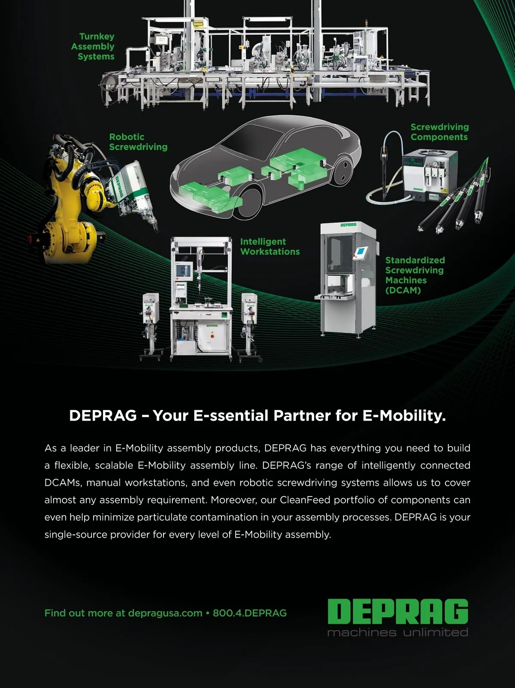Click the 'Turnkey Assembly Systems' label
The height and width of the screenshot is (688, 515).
tap(93, 46)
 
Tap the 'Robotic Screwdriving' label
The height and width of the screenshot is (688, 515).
tap(138, 142)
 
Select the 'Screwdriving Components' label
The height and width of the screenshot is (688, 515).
tap(439, 132)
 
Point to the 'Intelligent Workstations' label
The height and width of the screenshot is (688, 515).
tap(270, 247)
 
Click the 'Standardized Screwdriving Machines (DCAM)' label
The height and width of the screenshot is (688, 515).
tap(415, 275)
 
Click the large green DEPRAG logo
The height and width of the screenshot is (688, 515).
tap(398, 611)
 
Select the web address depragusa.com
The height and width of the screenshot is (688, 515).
tap(165, 613)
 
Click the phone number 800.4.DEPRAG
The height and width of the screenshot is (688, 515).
tap(250, 613)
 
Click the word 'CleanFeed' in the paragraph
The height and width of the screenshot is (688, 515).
tap(305, 500)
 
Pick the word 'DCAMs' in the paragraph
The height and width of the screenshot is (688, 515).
tap(63, 483)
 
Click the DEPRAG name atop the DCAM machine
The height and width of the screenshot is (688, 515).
tap(348, 225)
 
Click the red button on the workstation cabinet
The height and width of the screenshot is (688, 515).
tap(212, 336)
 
